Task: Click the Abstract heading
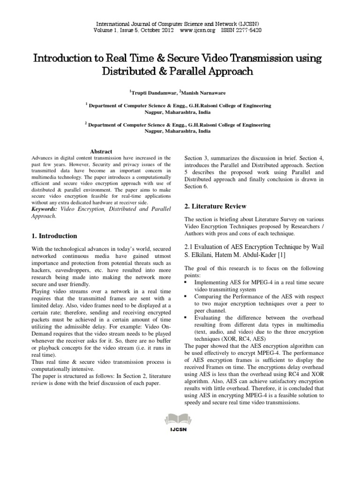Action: click(101, 151)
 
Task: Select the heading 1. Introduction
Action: click(54, 236)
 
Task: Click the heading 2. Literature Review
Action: click(215, 206)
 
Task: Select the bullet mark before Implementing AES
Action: click(187, 283)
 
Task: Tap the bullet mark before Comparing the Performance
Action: click(187, 297)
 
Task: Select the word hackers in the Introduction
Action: click(44, 270)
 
